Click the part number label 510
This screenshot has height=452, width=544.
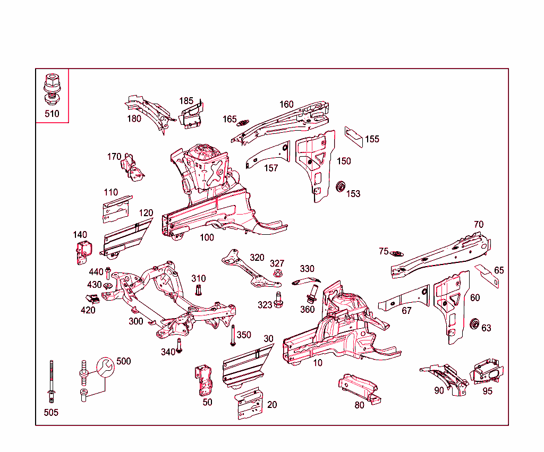[52, 114]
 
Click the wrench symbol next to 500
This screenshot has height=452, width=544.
[105, 366]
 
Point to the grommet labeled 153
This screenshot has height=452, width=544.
[341, 186]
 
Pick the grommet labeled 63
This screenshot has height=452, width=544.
[475, 323]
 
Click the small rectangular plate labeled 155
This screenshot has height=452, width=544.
[354, 137]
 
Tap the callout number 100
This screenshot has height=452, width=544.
[207, 237]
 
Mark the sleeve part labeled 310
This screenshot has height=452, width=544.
[199, 290]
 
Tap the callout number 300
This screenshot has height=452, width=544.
[136, 321]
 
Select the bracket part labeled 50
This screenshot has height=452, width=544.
[204, 380]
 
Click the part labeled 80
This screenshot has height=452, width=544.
[359, 388]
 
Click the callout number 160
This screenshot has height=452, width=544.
[286, 104]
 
